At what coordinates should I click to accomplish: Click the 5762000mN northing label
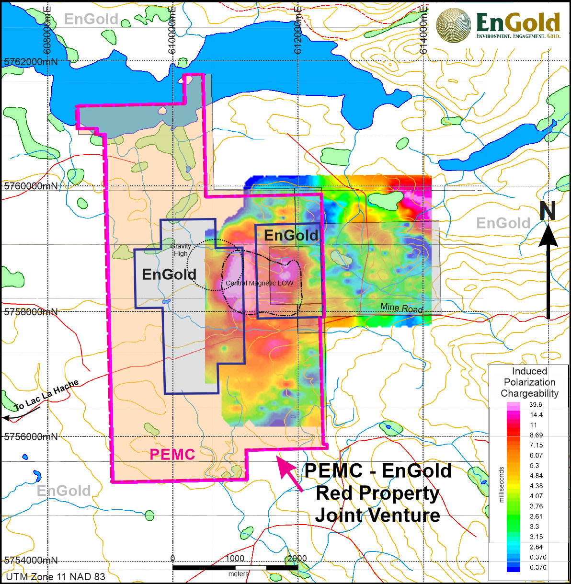click(x=31, y=62)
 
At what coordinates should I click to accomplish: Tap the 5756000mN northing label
click(x=31, y=437)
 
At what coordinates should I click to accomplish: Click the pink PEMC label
click(x=172, y=454)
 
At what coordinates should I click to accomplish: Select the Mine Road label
click(x=401, y=308)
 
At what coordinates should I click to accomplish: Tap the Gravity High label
click(x=181, y=250)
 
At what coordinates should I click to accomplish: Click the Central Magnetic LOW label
click(x=259, y=283)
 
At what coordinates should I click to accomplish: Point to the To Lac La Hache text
click(x=46, y=396)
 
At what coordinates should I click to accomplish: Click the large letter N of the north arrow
click(x=548, y=211)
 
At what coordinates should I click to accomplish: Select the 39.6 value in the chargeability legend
click(x=536, y=405)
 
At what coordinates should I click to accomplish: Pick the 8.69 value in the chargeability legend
click(x=536, y=435)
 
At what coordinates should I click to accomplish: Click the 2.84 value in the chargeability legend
click(x=536, y=547)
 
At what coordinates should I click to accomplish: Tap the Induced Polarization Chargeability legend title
click(x=529, y=382)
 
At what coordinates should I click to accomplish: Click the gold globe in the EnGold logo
click(x=454, y=25)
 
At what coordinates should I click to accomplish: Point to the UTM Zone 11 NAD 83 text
click(x=55, y=576)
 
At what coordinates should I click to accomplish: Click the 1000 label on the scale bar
click(x=235, y=559)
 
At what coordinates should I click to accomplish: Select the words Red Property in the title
click(x=377, y=493)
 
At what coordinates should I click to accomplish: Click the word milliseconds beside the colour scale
click(x=502, y=484)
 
